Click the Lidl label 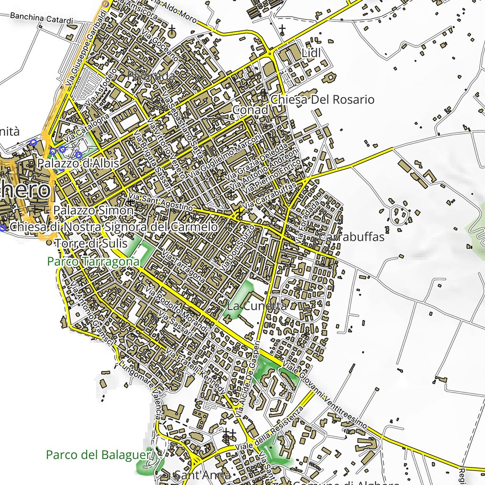(311, 54)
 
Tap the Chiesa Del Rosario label (322, 99)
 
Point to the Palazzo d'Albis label (79, 163)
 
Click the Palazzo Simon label (93, 210)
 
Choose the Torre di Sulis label (91, 243)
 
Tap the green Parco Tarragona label (93, 261)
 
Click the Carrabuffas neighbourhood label (351, 237)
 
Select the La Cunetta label (257, 306)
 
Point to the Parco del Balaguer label (98, 455)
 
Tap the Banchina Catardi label (42, 19)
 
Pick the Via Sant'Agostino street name (161, 202)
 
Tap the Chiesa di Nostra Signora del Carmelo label (114, 227)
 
